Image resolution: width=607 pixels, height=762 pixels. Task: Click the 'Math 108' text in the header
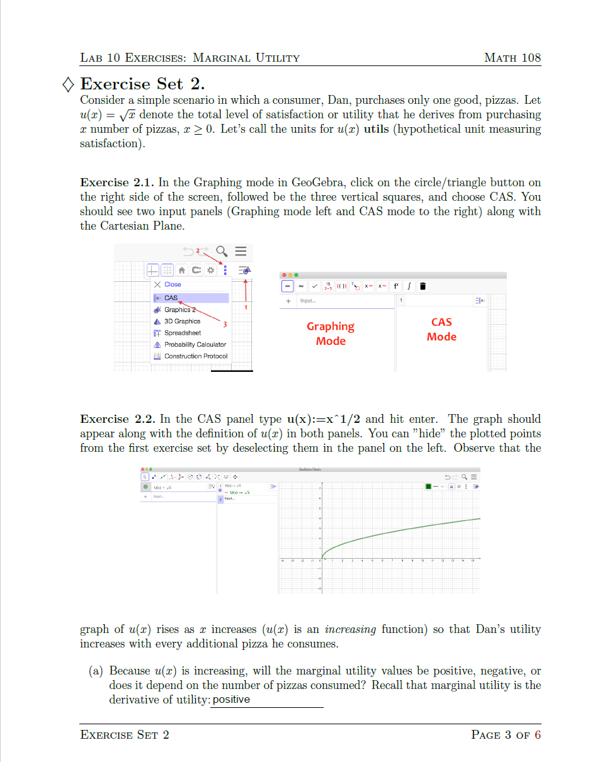tap(512, 58)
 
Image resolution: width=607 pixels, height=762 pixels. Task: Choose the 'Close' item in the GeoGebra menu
tap(172, 284)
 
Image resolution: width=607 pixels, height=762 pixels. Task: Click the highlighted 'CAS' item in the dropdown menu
tap(171, 298)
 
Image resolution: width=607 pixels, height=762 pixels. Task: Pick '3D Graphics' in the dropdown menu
tap(182, 321)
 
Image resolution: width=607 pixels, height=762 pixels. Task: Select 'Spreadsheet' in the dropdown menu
tap(183, 333)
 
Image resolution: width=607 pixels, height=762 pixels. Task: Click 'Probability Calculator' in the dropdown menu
tap(195, 344)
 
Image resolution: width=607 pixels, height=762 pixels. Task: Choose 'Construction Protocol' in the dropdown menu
tap(195, 356)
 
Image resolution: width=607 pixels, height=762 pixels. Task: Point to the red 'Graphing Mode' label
tap(331, 333)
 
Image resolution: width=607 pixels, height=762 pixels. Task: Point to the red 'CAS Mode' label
tap(441, 329)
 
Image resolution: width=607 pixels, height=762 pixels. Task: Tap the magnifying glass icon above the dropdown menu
tap(222, 252)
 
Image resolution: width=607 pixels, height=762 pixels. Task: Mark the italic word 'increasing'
tap(350, 629)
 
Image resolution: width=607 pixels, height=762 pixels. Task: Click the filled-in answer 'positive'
tap(231, 700)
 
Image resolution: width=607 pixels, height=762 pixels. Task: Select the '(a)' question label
tap(96, 671)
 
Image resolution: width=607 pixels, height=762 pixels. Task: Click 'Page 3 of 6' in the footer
tap(506, 735)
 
